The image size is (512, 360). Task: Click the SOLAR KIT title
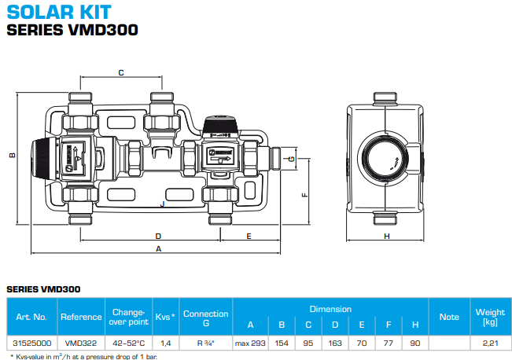(58, 12)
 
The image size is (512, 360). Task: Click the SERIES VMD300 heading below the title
(72, 31)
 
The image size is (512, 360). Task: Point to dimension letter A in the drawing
(159, 248)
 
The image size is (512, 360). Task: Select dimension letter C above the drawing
(120, 72)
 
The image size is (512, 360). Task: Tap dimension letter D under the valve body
(157, 235)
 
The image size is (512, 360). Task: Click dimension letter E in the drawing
(249, 235)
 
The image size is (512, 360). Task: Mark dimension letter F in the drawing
(304, 193)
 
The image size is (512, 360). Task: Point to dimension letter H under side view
(387, 236)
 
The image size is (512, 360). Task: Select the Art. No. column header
(32, 317)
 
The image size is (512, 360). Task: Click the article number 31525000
(32, 343)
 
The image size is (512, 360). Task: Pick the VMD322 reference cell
(82, 343)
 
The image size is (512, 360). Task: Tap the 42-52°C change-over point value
(130, 343)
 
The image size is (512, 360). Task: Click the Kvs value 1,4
(166, 343)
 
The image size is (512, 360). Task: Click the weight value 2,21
(489, 343)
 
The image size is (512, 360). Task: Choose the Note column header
(449, 317)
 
